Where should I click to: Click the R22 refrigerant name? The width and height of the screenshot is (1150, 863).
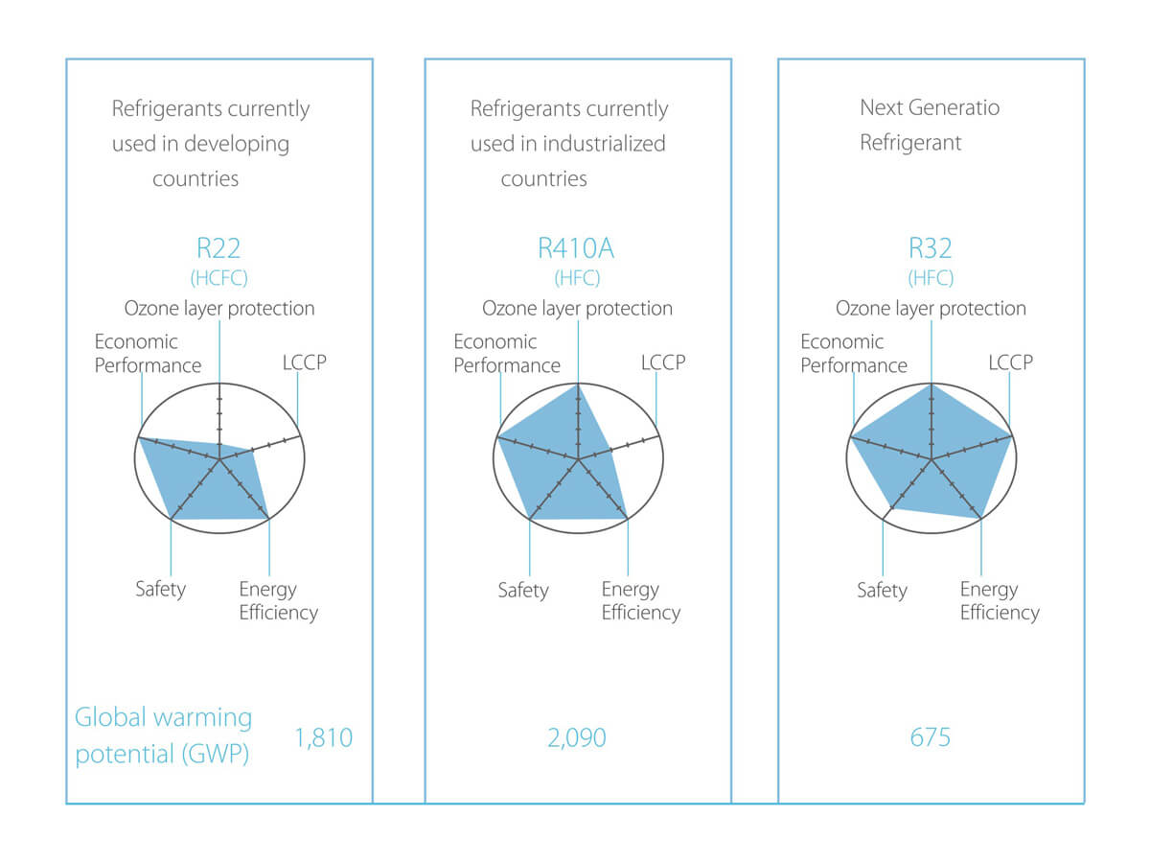pyautogui.click(x=218, y=248)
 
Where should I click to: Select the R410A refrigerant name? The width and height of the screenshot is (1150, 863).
pyautogui.click(x=576, y=248)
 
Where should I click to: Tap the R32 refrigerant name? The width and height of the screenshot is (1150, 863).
pyautogui.click(x=930, y=248)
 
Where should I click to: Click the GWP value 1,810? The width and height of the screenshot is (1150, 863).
pyautogui.click(x=324, y=737)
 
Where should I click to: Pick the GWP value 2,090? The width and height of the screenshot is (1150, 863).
pyautogui.click(x=577, y=737)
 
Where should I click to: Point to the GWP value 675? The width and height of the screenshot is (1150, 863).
pyautogui.click(x=930, y=737)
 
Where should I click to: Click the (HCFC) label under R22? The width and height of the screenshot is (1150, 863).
pyautogui.click(x=219, y=278)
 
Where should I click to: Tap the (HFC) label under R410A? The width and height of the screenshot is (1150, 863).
pyautogui.click(x=577, y=278)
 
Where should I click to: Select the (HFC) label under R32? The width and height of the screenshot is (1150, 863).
pyautogui.click(x=931, y=278)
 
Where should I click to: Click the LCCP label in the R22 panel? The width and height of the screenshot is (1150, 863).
pyautogui.click(x=305, y=362)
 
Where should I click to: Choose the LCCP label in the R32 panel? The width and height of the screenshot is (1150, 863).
pyautogui.click(x=1011, y=362)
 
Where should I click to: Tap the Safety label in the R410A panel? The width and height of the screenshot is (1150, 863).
pyautogui.click(x=523, y=591)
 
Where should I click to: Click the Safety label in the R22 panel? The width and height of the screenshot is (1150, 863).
pyautogui.click(x=160, y=590)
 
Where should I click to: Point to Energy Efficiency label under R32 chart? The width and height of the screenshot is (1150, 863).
pyautogui.click(x=1000, y=601)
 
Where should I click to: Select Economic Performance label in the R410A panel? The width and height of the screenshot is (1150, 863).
pyautogui.click(x=507, y=354)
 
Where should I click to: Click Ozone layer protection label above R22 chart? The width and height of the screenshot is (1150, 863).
pyautogui.click(x=219, y=309)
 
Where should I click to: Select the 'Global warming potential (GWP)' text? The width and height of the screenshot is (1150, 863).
pyautogui.click(x=163, y=736)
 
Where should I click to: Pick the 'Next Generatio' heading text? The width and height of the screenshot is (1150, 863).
pyautogui.click(x=930, y=108)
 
